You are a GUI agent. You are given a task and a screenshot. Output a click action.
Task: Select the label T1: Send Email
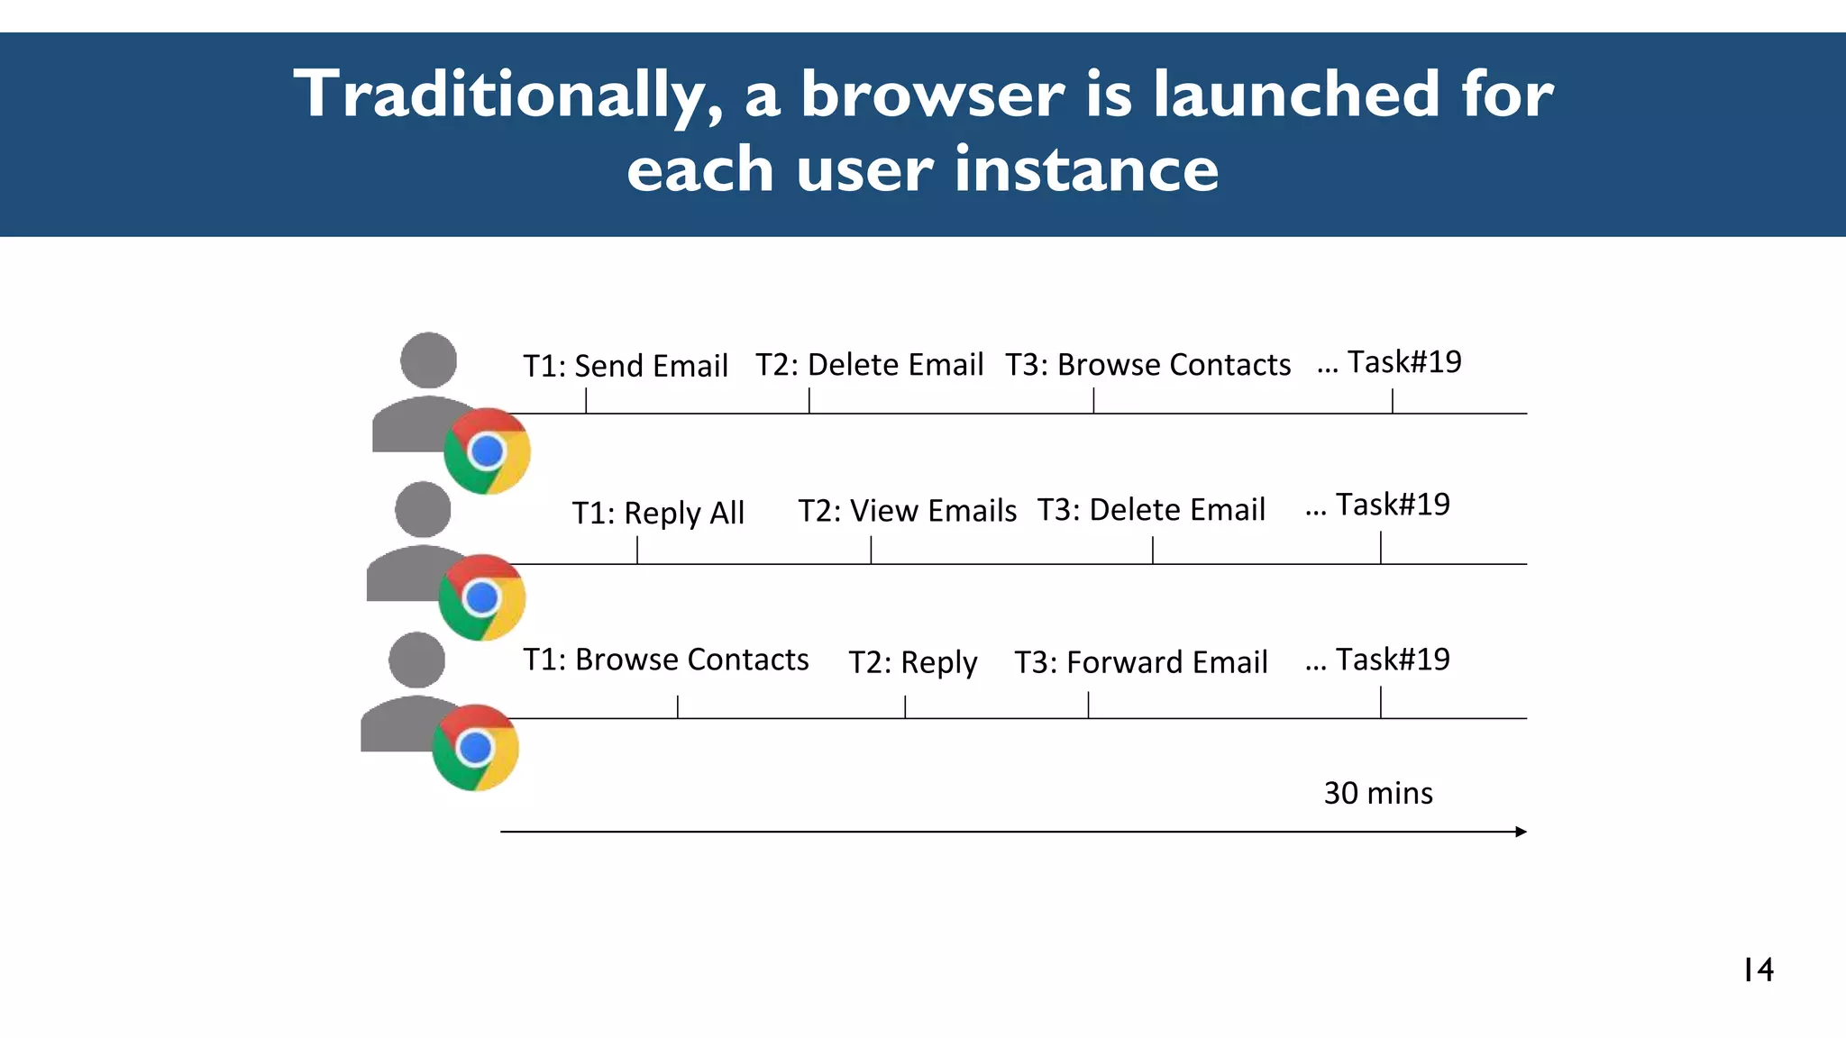(x=626, y=366)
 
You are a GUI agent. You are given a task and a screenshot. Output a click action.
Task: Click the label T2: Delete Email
(x=869, y=365)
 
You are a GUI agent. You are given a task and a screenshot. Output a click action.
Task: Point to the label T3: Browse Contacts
(x=1147, y=365)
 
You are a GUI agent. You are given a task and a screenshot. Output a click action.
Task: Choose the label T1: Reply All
(x=658, y=513)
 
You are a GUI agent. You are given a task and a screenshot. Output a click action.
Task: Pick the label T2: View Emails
(x=907, y=511)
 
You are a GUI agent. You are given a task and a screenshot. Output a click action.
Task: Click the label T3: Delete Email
(x=1151, y=510)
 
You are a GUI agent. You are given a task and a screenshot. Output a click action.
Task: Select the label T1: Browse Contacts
(x=666, y=660)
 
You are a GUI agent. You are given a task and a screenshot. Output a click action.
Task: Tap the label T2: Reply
(x=912, y=662)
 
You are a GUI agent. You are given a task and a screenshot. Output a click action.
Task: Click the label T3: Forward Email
(x=1141, y=662)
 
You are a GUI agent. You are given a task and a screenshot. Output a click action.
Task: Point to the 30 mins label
(x=1378, y=793)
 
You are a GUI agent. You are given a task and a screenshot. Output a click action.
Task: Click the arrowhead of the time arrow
(x=1521, y=832)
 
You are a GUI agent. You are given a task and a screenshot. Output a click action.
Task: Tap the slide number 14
(x=1758, y=970)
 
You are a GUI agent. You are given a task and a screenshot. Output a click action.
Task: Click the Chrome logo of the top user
(x=487, y=451)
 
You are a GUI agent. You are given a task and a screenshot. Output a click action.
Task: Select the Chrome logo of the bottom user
(x=475, y=748)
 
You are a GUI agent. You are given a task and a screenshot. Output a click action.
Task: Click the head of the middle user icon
(x=423, y=509)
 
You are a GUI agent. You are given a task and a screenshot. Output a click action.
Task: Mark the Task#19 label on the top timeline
(x=1403, y=362)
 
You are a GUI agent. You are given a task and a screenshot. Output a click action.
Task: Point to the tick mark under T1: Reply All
(x=637, y=550)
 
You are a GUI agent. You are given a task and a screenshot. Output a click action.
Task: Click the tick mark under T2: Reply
(x=905, y=706)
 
